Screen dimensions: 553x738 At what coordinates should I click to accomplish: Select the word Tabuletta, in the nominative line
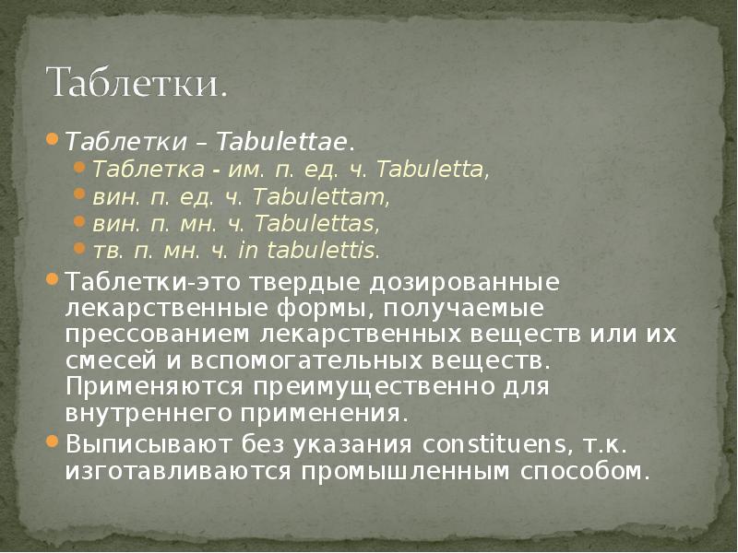(434, 171)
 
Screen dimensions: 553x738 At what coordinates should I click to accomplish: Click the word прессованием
(158, 333)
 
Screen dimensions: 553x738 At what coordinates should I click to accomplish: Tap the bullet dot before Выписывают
(53, 441)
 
